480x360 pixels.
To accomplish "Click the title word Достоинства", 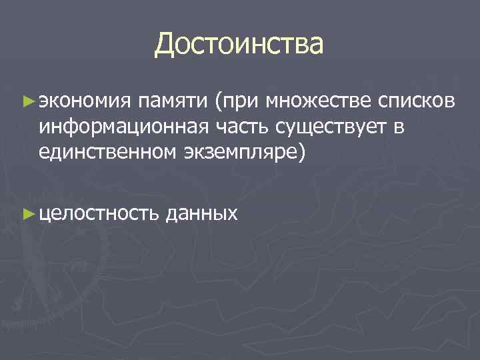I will (x=239, y=45).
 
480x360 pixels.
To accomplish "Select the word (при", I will (x=236, y=102).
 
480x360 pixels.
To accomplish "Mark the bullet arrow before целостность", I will (x=27, y=213).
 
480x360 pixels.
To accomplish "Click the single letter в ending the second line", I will (x=399, y=127).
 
